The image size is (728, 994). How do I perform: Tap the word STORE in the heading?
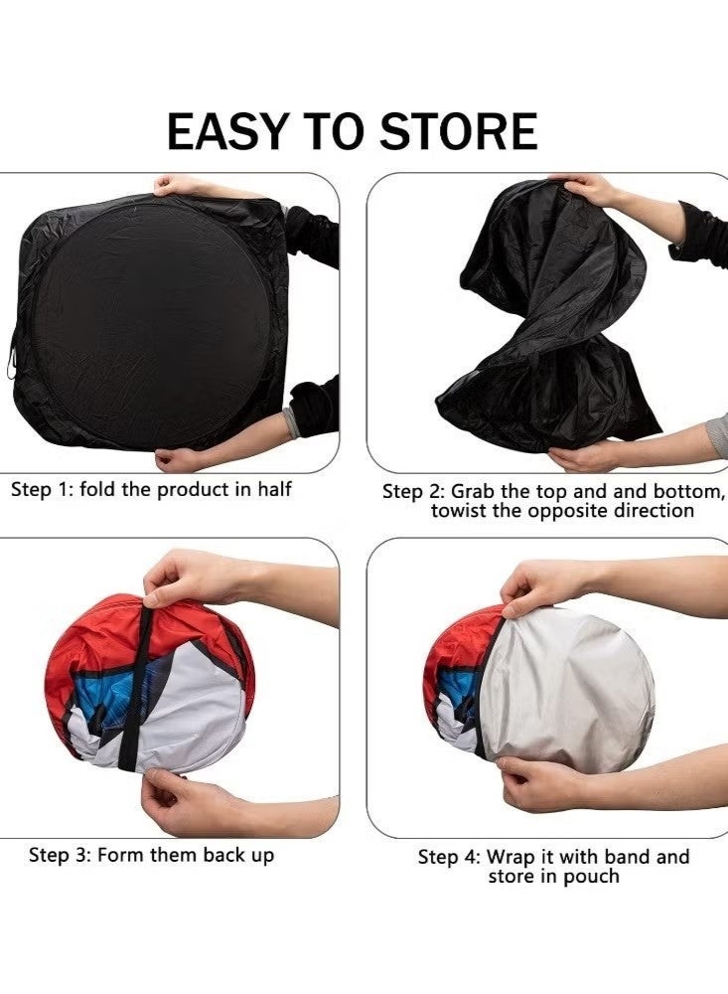tap(459, 131)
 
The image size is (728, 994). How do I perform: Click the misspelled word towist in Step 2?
tap(459, 511)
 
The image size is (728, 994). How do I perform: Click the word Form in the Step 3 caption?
tap(121, 855)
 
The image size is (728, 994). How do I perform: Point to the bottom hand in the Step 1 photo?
tap(181, 458)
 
